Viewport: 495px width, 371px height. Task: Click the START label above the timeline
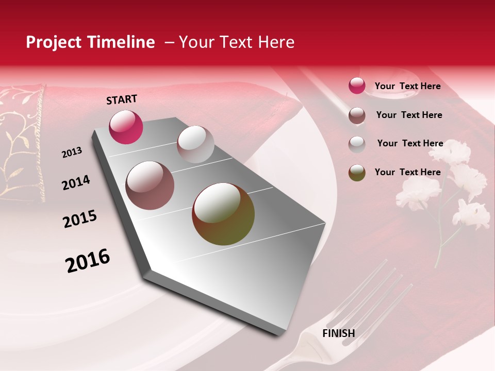point(122,99)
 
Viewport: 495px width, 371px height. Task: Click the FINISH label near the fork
point(338,333)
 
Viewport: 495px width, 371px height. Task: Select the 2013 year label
point(72,153)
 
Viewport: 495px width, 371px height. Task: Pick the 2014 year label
point(76,182)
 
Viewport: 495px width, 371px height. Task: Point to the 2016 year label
point(88,261)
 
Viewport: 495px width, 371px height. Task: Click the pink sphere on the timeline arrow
point(126,127)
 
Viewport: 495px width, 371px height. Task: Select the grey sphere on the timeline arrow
point(195,144)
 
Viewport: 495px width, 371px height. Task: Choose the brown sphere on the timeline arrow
point(150,185)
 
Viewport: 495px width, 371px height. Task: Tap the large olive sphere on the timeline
point(223,214)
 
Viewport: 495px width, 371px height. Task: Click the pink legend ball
point(357,86)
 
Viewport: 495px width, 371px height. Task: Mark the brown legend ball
point(357,115)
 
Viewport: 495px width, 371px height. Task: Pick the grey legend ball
point(357,144)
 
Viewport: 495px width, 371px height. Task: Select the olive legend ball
point(357,173)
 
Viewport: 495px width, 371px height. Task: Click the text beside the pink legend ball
point(407,87)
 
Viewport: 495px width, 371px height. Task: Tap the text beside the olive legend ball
point(407,172)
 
